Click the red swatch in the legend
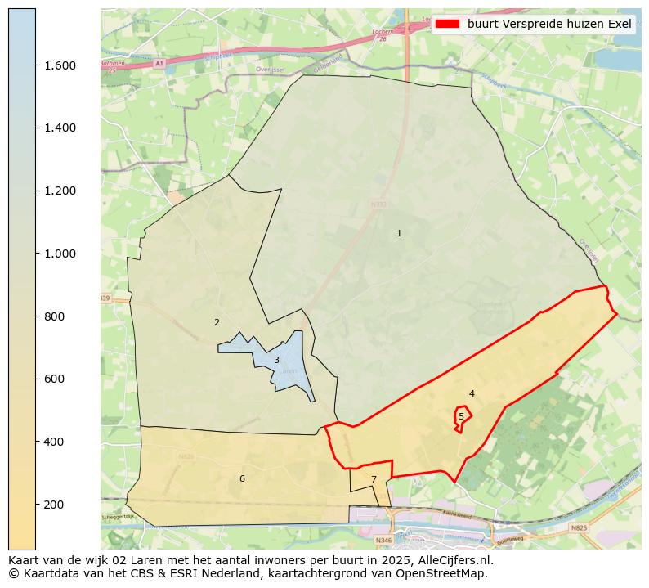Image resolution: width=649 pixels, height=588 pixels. click(x=448, y=24)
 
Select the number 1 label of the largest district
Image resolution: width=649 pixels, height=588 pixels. click(x=399, y=234)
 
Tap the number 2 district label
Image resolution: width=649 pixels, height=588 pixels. click(x=217, y=322)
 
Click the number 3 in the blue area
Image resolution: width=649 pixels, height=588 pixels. click(x=276, y=360)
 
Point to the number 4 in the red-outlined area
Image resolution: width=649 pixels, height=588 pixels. click(x=472, y=394)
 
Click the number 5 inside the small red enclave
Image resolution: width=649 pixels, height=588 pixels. click(x=461, y=416)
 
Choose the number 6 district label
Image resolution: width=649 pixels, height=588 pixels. click(x=242, y=478)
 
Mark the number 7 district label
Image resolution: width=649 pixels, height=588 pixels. click(x=374, y=479)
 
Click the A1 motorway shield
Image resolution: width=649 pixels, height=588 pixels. click(x=159, y=63)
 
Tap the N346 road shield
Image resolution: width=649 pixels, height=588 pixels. click(x=383, y=541)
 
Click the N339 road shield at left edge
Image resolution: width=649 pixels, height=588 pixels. click(x=105, y=298)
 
